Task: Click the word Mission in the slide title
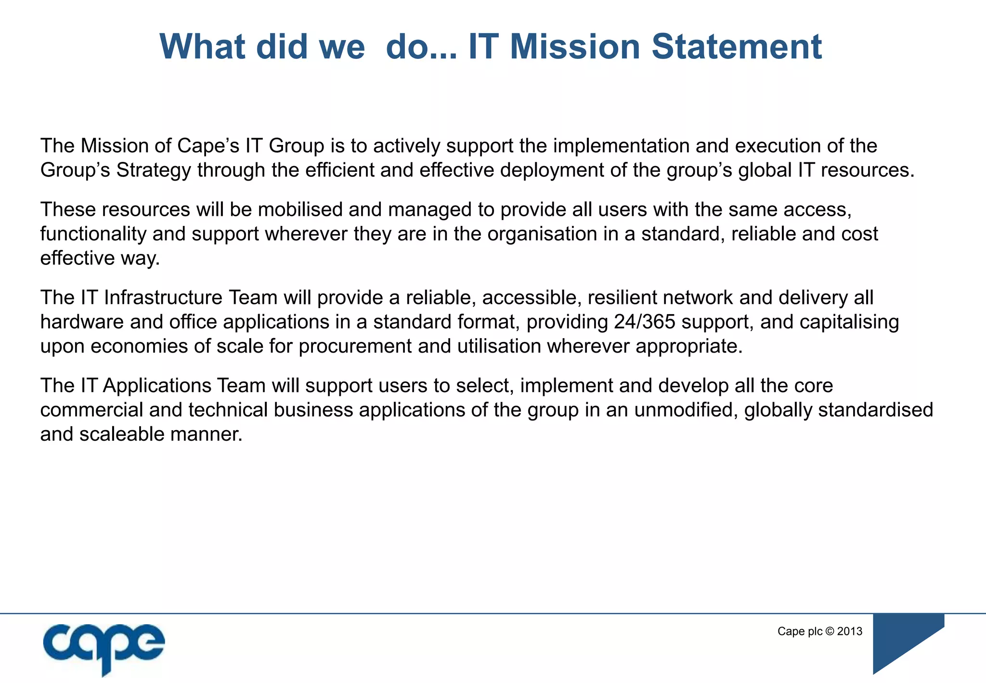pyautogui.click(x=574, y=47)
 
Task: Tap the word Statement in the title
pyautogui.click(x=737, y=47)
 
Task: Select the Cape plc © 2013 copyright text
pyautogui.click(x=819, y=631)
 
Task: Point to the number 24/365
pyautogui.click(x=645, y=322)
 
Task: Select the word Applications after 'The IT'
pyautogui.click(x=157, y=386)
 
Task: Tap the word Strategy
pyautogui.click(x=154, y=171)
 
